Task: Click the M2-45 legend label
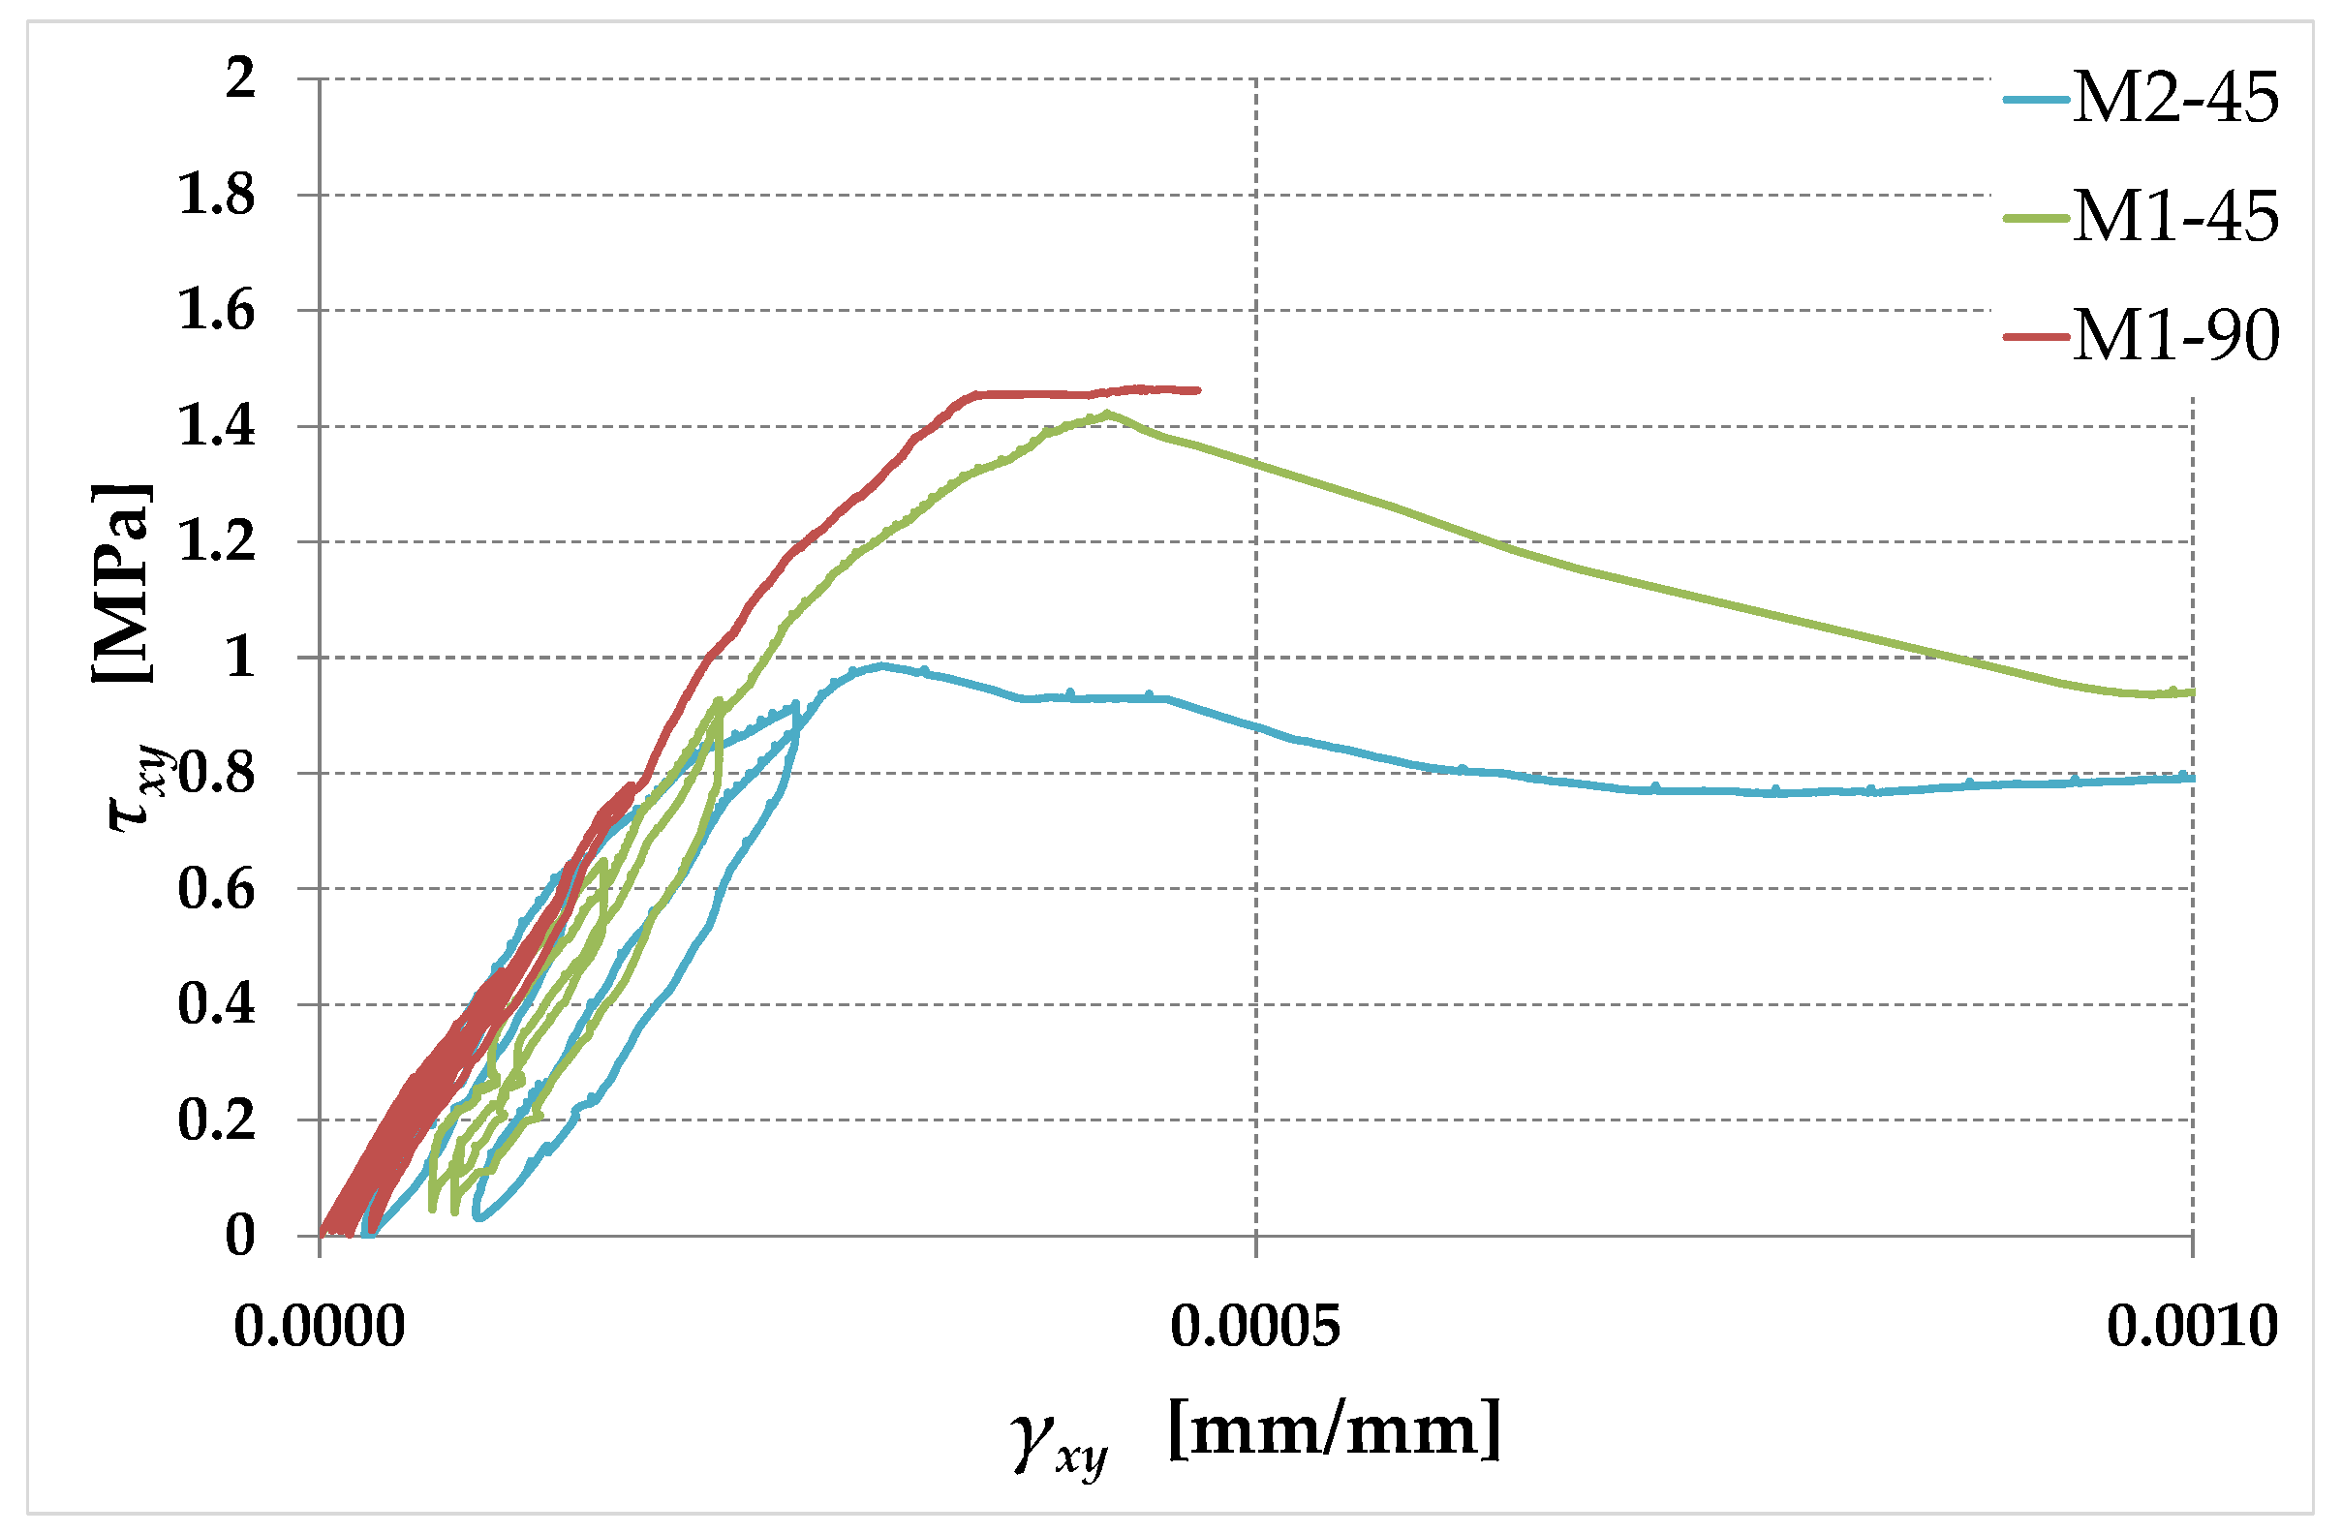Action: pyautogui.click(x=2175, y=99)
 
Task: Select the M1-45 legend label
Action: pyautogui.click(x=2175, y=217)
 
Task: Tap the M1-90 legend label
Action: pyautogui.click(x=2175, y=336)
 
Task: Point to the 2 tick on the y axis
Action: pyautogui.click(x=240, y=77)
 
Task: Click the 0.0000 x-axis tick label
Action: pyautogui.click(x=320, y=1327)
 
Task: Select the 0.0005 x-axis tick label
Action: pyautogui.click(x=1255, y=1327)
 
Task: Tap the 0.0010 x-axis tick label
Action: pyautogui.click(x=2193, y=1327)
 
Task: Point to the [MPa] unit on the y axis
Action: pyautogui.click(x=123, y=582)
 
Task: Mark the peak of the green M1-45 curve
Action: pyautogui.click(x=1108, y=414)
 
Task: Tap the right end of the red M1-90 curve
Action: pyautogui.click(x=1196, y=390)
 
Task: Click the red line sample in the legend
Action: pyautogui.click(x=2035, y=336)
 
